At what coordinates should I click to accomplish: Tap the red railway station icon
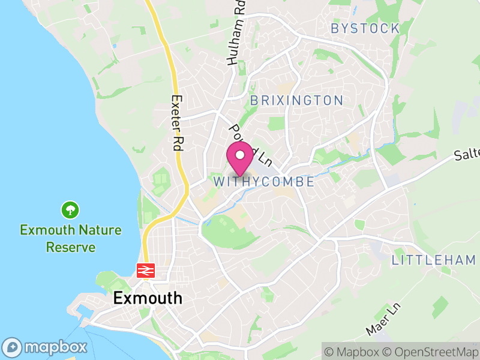pyautogui.click(x=145, y=271)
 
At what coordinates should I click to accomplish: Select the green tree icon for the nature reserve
pyautogui.click(x=71, y=210)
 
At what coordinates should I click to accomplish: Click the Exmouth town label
pyautogui.click(x=148, y=298)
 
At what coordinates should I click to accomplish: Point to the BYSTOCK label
pyautogui.click(x=365, y=28)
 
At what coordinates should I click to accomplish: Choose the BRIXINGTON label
pyautogui.click(x=296, y=100)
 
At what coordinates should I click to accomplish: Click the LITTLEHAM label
pyautogui.click(x=434, y=260)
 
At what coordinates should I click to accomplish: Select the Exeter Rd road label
pyautogui.click(x=176, y=122)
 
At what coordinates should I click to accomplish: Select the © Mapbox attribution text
pyautogui.click(x=352, y=351)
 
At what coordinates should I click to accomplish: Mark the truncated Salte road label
pyautogui.click(x=467, y=155)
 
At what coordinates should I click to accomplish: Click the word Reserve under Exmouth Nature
pyautogui.click(x=71, y=247)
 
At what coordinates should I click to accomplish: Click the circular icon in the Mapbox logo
pyautogui.click(x=13, y=347)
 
